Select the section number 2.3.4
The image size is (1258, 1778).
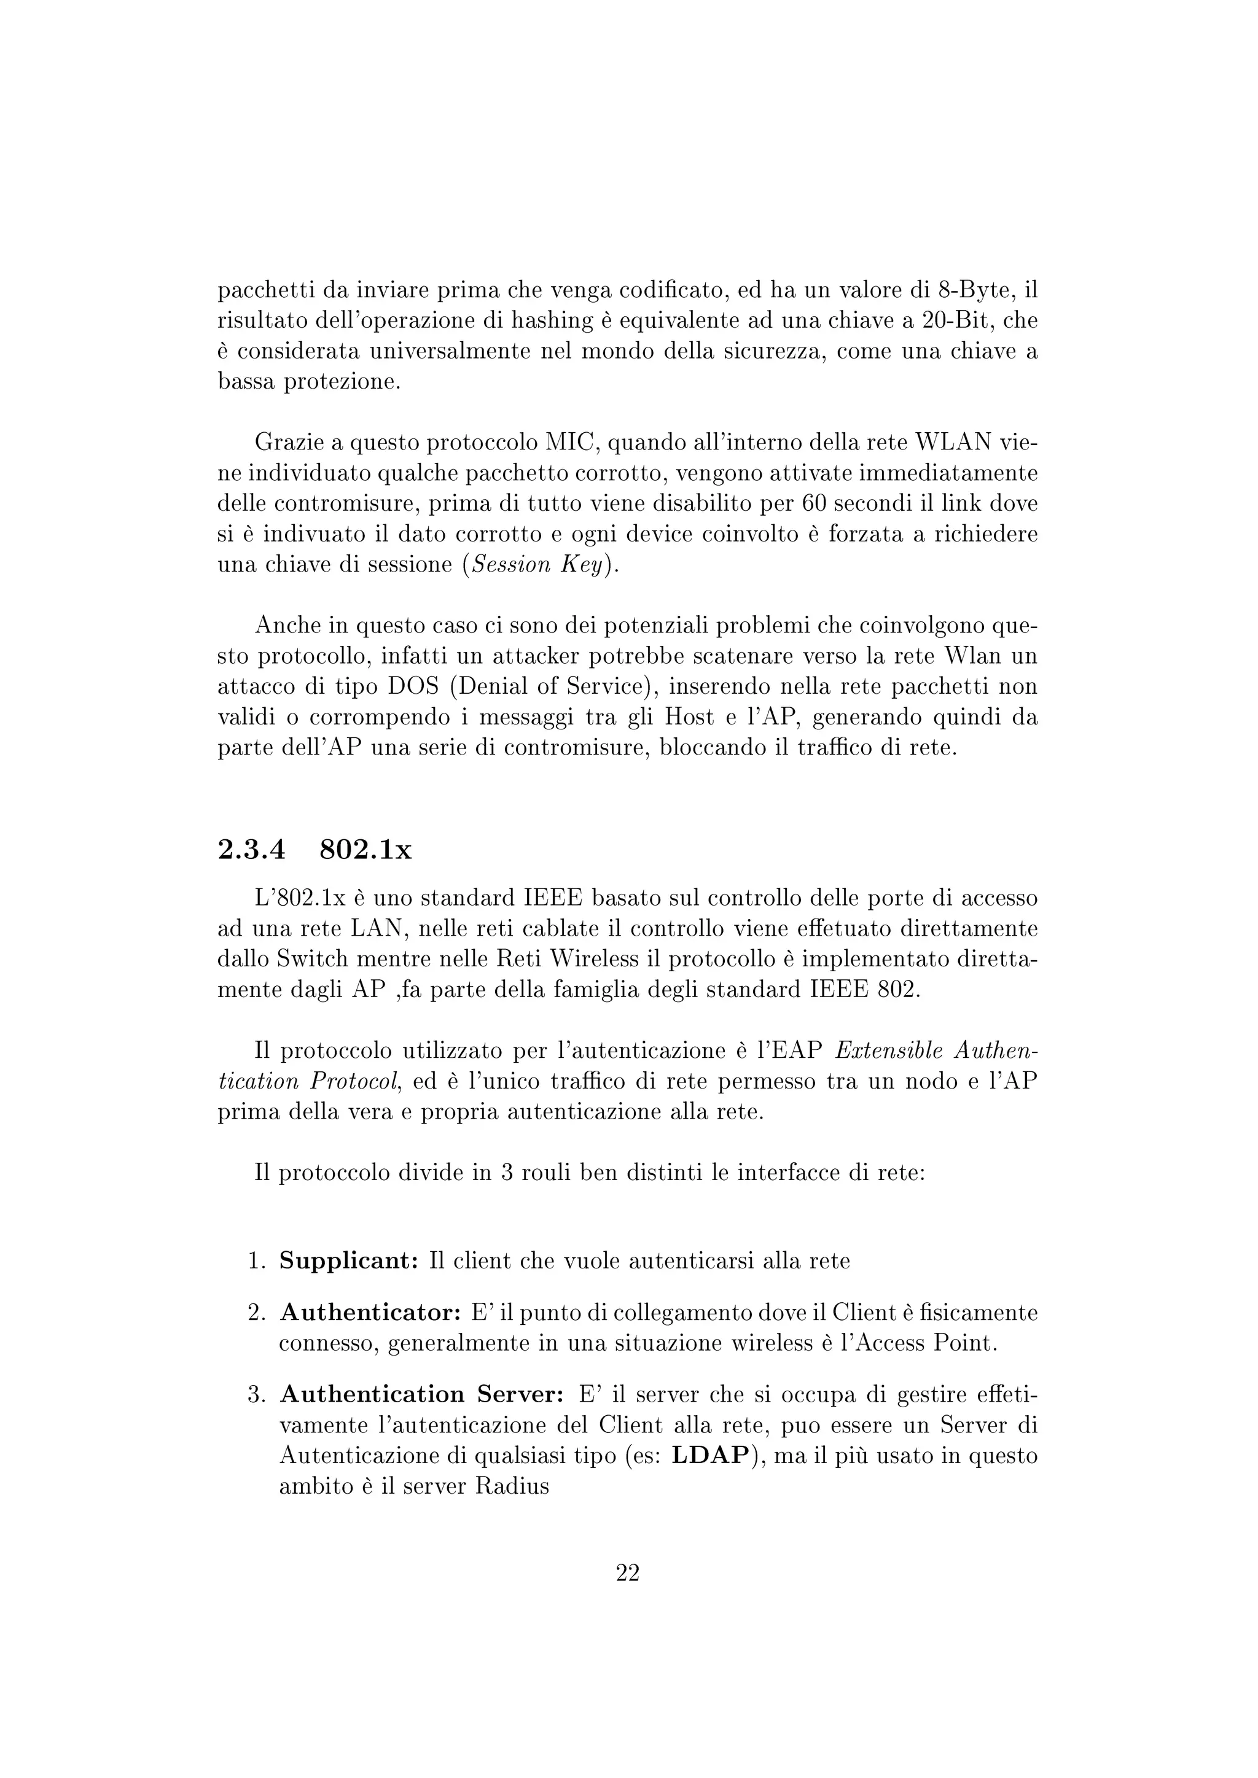tap(252, 850)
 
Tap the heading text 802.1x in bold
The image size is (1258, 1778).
tap(365, 850)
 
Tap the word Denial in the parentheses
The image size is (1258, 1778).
tap(496, 687)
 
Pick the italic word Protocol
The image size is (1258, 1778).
tap(355, 1082)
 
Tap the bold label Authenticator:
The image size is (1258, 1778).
tap(370, 1313)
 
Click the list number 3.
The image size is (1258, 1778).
tap(256, 1396)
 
